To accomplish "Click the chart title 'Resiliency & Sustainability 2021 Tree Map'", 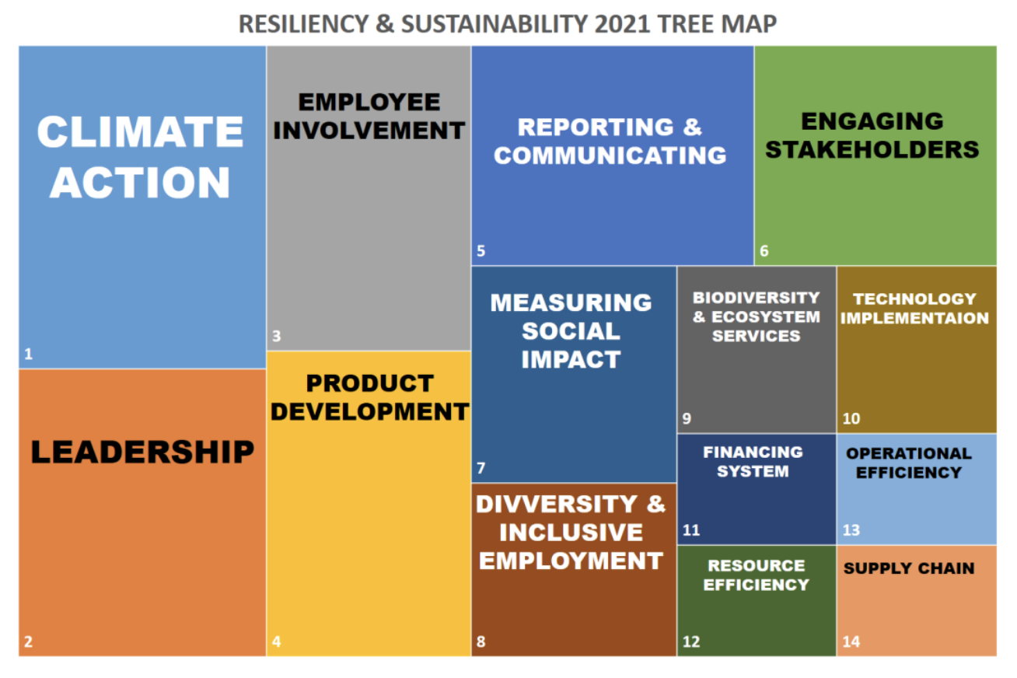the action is [x=508, y=23].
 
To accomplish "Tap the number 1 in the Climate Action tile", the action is [x=28, y=353].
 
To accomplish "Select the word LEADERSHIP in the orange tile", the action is [x=142, y=452].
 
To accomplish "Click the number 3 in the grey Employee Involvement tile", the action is [x=277, y=336].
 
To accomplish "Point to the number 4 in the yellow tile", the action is [x=277, y=641].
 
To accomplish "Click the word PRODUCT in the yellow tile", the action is [x=370, y=383].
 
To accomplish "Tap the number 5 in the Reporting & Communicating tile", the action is [x=481, y=250].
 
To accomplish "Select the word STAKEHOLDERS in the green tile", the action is [x=872, y=149].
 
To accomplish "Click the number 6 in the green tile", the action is [x=764, y=250].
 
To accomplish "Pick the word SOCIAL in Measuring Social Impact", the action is [x=571, y=331].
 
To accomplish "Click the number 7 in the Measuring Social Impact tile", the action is [x=481, y=468].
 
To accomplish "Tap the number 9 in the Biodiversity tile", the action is [x=687, y=418].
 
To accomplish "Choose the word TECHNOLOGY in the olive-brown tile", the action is [x=914, y=299].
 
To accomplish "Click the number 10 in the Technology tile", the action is [x=851, y=418].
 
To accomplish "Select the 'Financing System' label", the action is [x=753, y=461].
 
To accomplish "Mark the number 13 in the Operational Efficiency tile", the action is [x=851, y=530].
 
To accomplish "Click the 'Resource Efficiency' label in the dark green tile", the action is [x=756, y=575].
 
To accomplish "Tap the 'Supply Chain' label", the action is [x=909, y=568].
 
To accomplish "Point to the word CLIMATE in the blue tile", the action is [x=140, y=131].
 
